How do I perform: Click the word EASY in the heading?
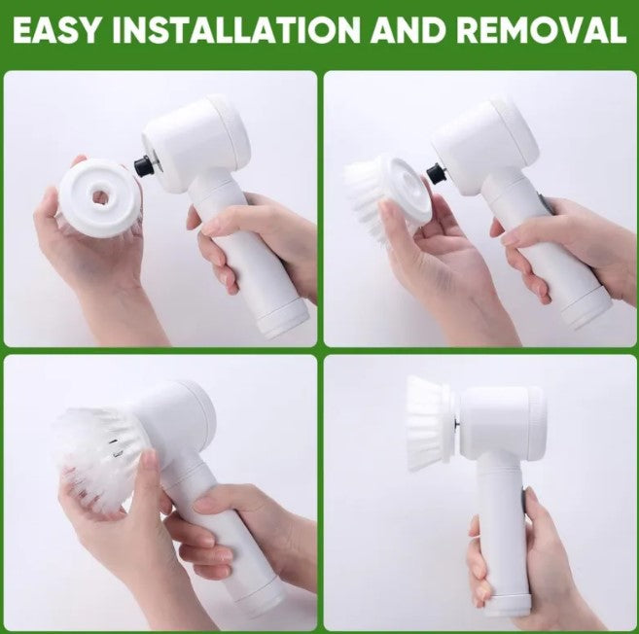point(56,30)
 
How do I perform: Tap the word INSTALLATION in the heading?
point(236,30)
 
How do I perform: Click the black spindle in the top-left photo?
point(143,167)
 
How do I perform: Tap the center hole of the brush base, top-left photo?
point(98,196)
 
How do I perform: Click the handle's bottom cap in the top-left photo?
point(283,319)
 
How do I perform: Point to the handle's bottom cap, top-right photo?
point(586,308)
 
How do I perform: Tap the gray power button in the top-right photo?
point(546,204)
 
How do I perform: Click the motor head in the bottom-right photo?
point(502,421)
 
